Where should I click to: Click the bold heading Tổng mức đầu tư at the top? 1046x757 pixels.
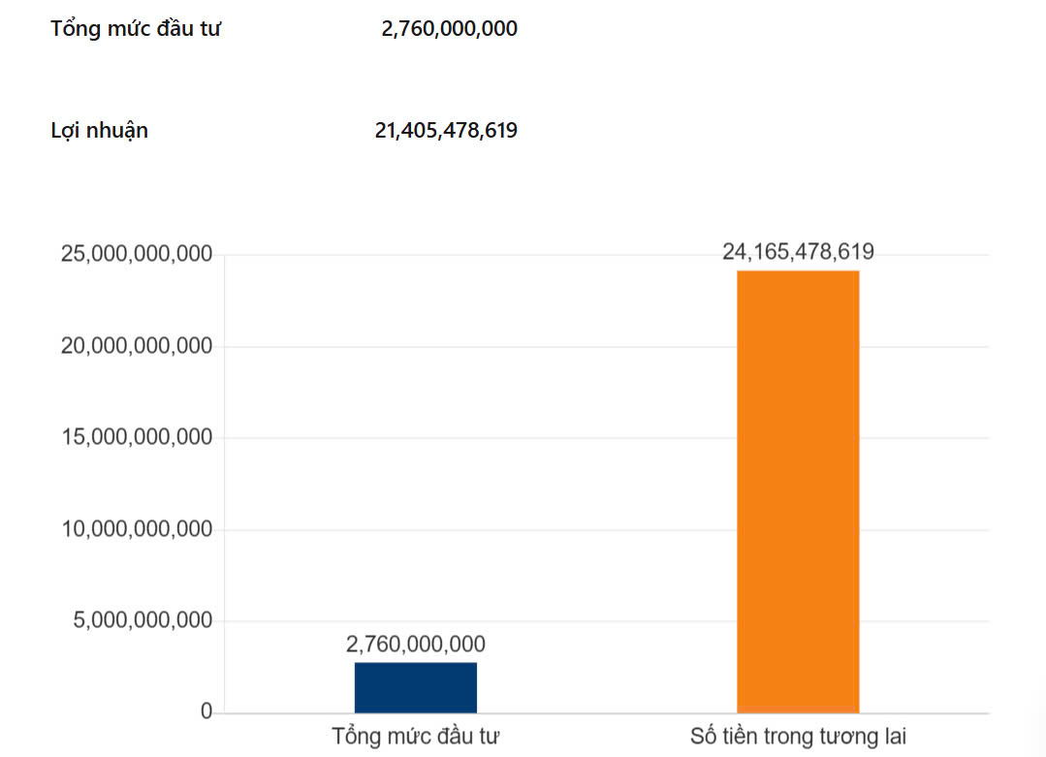point(136,29)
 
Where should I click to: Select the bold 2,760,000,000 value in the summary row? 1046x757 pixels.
point(449,29)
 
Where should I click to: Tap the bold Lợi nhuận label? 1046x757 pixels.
point(99,130)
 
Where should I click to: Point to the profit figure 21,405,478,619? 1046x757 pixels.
point(446,130)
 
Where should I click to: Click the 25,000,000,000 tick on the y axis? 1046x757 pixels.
point(137,254)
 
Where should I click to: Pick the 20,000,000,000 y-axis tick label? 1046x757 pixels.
point(137,346)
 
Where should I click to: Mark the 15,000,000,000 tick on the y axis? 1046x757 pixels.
point(137,437)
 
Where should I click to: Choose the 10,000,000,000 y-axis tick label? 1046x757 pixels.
point(137,529)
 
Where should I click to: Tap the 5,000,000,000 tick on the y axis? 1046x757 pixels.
point(143,620)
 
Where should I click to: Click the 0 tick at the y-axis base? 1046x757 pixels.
point(206,712)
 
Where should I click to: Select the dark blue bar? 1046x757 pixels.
point(416,687)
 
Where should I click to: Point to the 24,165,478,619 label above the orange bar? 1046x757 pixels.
point(798,252)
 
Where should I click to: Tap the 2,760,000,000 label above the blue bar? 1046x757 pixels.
point(416,644)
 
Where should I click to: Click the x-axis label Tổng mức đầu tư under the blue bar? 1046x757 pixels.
point(416,736)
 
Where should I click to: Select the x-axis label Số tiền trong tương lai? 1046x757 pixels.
point(798,736)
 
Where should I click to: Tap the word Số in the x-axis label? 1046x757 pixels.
point(704,736)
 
